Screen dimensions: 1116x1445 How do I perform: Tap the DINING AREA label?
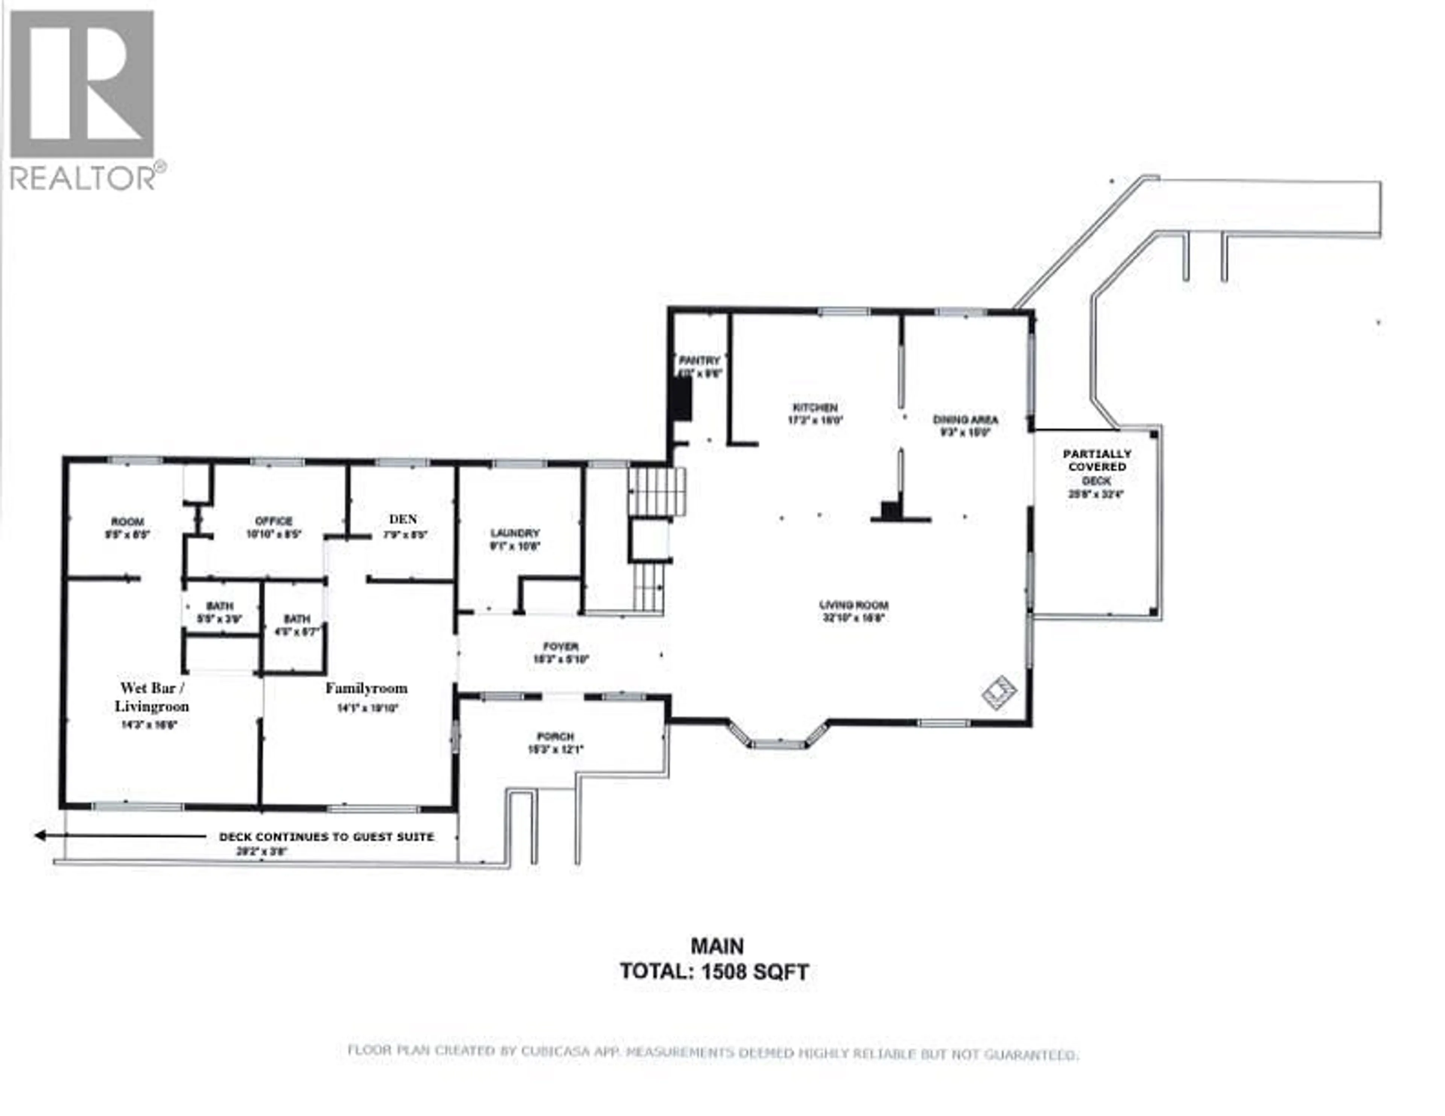click(x=965, y=419)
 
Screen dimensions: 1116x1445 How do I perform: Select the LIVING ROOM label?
click(x=853, y=604)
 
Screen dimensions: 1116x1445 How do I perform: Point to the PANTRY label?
click(x=699, y=361)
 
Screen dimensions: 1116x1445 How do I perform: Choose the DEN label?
click(x=403, y=519)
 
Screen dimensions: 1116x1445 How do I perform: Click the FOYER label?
click(x=560, y=646)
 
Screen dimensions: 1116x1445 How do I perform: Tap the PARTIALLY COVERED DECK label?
click(x=1096, y=467)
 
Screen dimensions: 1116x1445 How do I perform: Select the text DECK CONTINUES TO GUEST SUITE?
click(x=326, y=837)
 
